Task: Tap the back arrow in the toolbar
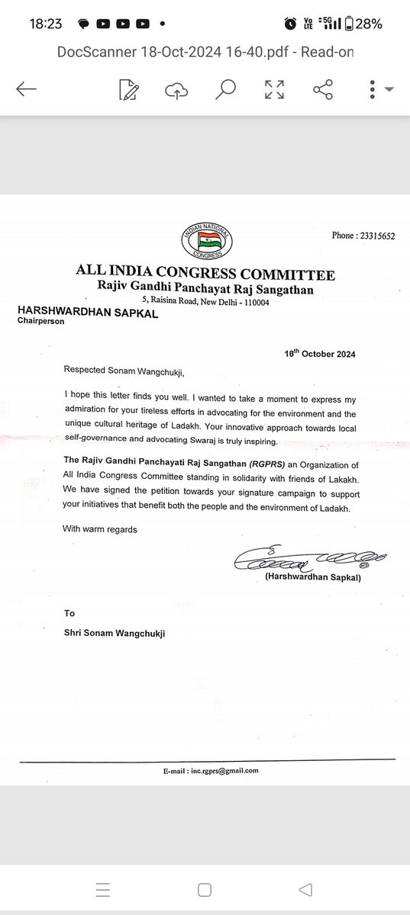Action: click(26, 89)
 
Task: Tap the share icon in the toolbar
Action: click(324, 89)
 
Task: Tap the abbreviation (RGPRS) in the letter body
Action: click(238, 464)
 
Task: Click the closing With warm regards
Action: click(101, 529)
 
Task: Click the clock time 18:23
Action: click(45, 24)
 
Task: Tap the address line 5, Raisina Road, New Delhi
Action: click(205, 302)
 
